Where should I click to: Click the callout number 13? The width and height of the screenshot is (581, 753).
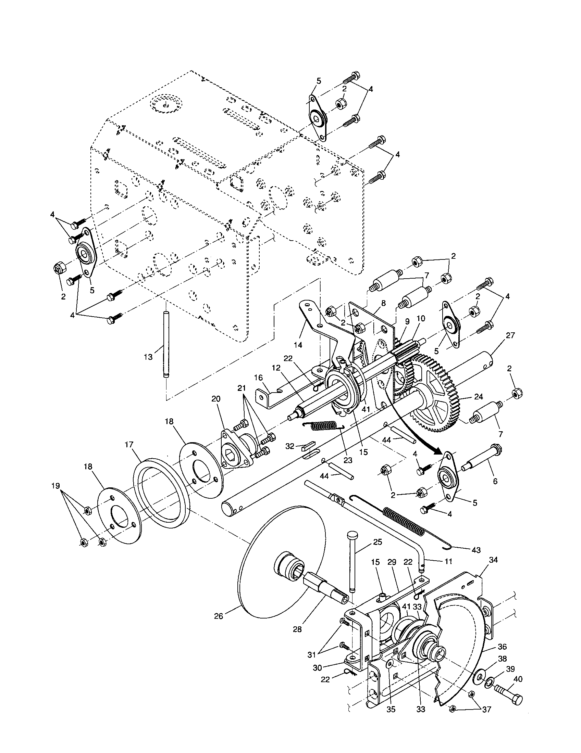148,357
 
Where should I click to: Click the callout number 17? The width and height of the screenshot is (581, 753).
129,445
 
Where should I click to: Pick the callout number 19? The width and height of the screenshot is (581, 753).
56,486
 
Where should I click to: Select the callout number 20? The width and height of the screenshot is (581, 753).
215,398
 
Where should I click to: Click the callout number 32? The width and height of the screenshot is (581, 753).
290,446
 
